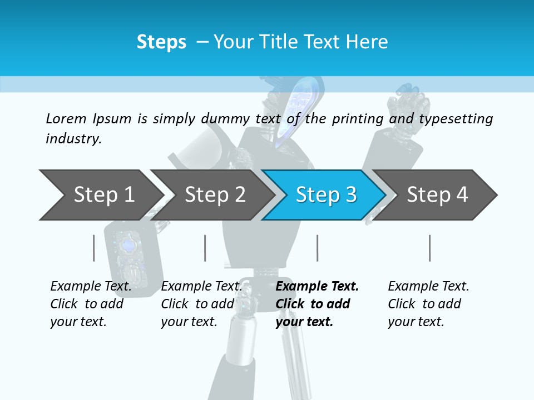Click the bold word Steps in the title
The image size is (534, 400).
(x=161, y=42)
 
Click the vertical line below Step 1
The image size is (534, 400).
(x=94, y=248)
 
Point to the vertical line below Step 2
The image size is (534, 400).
(x=205, y=248)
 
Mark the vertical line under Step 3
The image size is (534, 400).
(x=317, y=248)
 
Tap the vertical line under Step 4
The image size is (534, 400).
(x=429, y=248)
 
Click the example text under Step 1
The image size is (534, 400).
(x=91, y=304)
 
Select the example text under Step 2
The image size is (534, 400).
(x=201, y=304)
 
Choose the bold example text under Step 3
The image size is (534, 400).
(x=317, y=304)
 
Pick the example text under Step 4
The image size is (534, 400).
(x=428, y=304)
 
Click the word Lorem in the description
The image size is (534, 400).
(x=66, y=119)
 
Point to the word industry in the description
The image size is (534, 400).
(x=73, y=139)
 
